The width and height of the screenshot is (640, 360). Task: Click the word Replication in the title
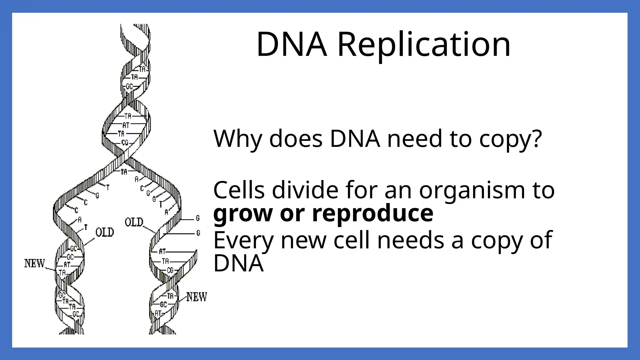[424, 44]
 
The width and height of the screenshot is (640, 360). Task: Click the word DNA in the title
[292, 44]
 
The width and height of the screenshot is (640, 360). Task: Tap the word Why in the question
[237, 138]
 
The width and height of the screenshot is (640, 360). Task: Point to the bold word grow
[243, 214]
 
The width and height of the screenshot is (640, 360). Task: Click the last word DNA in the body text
[238, 263]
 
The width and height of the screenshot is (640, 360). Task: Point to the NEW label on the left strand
[35, 263]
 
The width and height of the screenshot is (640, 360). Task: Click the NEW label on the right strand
[197, 297]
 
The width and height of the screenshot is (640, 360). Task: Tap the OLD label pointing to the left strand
[105, 232]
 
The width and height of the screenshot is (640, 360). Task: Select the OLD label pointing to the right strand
[134, 222]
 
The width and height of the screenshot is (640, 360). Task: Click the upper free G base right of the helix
[197, 218]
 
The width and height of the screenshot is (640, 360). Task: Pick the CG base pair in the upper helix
[125, 143]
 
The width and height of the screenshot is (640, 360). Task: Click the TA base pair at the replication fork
[124, 172]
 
